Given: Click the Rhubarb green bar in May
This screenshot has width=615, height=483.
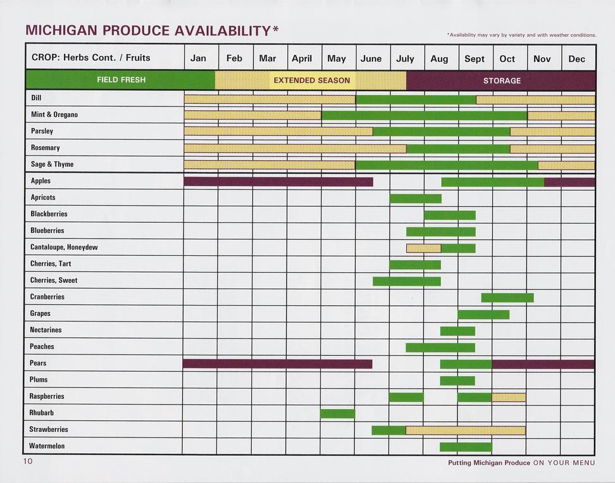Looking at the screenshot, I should tap(337, 414).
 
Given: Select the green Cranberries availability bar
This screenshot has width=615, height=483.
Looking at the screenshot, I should tap(507, 298).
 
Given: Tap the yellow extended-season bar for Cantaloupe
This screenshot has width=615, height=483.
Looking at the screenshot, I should tap(423, 248).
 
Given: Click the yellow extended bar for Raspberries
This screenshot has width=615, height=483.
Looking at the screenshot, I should tap(509, 398).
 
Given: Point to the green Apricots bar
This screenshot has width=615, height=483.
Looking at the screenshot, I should tap(415, 199).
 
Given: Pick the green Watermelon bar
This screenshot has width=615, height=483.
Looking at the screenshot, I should tap(466, 447).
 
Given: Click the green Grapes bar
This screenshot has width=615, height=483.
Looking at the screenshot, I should tap(483, 315).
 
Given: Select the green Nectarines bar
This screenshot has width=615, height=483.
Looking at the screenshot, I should tap(457, 331).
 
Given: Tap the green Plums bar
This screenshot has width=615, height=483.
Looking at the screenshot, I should tap(457, 380).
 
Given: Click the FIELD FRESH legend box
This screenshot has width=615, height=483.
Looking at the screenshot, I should tap(120, 80).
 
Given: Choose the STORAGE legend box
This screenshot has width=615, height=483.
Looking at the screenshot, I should tap(501, 80).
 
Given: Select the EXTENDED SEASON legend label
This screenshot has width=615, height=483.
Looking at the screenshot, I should tap(311, 80).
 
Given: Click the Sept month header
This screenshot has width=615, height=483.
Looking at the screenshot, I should tap(475, 59).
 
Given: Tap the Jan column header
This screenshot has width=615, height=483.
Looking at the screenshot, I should tap(198, 58).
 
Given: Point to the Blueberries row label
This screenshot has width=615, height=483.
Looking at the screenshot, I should tap(47, 230).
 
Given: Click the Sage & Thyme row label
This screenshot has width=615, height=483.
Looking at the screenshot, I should tap(52, 165).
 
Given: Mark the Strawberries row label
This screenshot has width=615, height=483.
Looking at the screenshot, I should tap(49, 429).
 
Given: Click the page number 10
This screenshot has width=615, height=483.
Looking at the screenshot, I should tap(28, 461).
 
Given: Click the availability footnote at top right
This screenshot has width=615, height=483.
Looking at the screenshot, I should tap(521, 35).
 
